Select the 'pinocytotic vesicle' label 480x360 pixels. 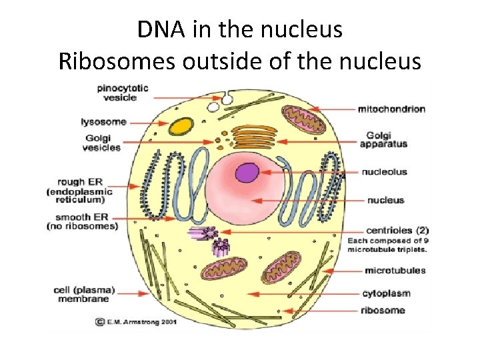coord(122,93)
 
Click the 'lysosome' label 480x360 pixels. coord(103,122)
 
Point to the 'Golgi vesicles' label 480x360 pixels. coord(102,142)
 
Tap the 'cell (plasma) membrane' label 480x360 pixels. coord(85,295)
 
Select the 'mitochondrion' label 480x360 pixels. coord(391,109)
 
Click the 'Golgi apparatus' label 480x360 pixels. coord(383,139)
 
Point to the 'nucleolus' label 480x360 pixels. coord(384,172)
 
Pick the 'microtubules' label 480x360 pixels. coord(395,271)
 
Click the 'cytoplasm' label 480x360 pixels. coord(386,293)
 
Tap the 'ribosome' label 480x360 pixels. coord(383,310)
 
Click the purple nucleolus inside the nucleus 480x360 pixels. coord(247,173)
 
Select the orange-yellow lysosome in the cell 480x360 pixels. coord(179,126)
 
